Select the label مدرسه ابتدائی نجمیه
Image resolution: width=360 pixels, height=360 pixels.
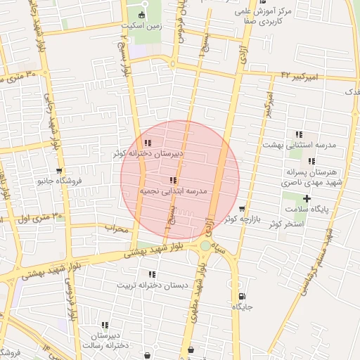click(173, 191)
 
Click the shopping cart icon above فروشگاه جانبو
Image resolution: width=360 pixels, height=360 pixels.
click(59, 171)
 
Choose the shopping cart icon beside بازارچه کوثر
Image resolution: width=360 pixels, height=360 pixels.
click(242, 209)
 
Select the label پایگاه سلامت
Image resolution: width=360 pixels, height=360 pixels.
click(307, 210)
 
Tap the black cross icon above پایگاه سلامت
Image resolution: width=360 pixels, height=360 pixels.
click(307, 199)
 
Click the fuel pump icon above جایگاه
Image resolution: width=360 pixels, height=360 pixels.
click(242, 296)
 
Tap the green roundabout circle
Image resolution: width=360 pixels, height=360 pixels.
click(205, 245)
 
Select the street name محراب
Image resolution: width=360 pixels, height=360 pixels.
click(117, 229)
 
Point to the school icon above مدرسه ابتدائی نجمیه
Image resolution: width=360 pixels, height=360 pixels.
click(173, 181)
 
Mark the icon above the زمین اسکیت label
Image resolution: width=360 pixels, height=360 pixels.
click(142, 15)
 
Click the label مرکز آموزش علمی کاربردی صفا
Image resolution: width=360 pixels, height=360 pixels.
click(263, 17)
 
